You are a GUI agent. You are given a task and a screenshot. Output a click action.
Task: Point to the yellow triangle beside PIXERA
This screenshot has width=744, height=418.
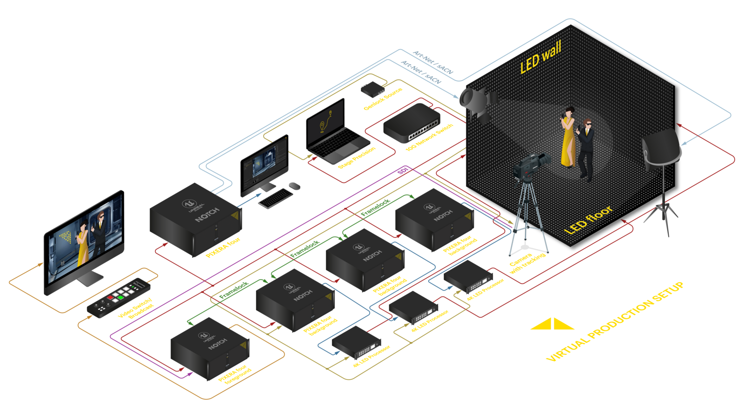543,325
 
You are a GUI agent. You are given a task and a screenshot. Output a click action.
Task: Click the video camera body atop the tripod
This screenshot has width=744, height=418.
530,165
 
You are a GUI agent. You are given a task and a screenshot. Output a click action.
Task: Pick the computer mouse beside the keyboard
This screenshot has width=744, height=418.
294,186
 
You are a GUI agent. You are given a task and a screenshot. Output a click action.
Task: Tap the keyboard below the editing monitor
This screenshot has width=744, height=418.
275,198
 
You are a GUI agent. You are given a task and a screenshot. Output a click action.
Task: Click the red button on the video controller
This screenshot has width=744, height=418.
111,297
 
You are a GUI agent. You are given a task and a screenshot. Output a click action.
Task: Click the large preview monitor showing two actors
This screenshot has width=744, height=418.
85,242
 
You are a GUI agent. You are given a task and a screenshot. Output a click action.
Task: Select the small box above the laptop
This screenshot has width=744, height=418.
372,88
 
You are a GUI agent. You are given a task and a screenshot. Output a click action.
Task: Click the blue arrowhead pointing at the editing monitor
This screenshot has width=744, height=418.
259,196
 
